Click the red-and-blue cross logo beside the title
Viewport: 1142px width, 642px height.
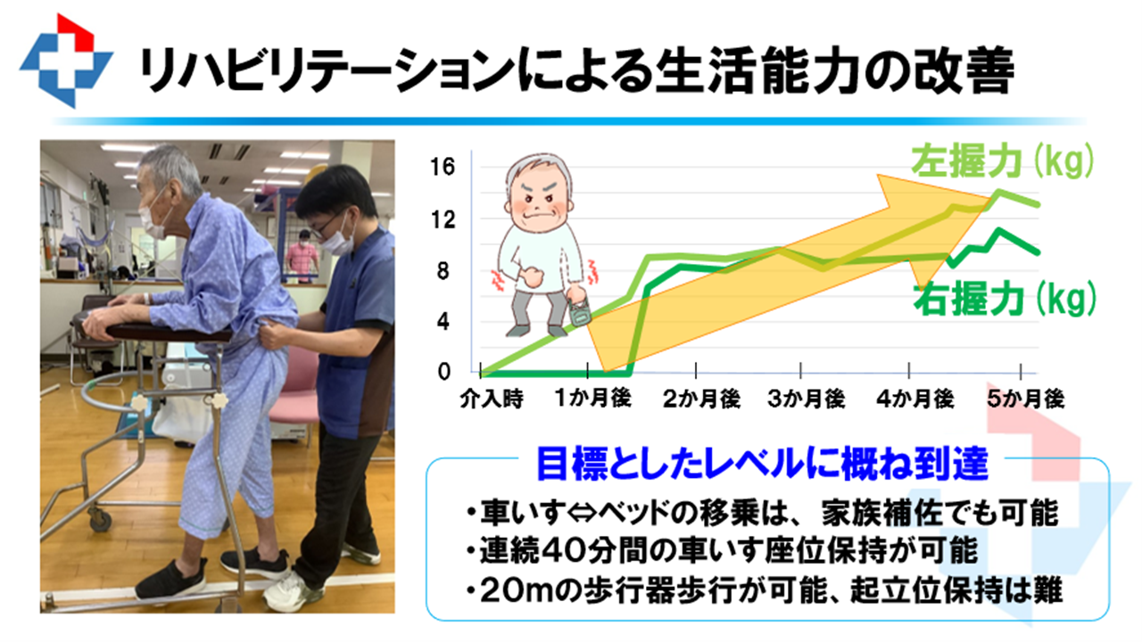(x=66, y=62)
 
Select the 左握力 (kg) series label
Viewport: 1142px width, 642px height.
(x=1002, y=161)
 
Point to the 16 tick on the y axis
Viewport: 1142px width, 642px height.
(x=442, y=167)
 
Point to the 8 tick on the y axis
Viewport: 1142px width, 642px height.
(x=443, y=271)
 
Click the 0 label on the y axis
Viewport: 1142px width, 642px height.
(x=444, y=372)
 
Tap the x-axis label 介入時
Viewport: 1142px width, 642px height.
(x=492, y=399)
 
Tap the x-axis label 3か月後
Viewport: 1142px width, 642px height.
(x=806, y=399)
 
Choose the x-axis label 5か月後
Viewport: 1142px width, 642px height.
(x=1026, y=399)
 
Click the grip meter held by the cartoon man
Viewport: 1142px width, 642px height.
(x=579, y=311)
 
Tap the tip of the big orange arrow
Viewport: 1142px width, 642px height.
(x=990, y=197)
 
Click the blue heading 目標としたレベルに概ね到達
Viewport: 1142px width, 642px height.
(x=762, y=464)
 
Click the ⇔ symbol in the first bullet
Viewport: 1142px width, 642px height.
(x=582, y=513)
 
